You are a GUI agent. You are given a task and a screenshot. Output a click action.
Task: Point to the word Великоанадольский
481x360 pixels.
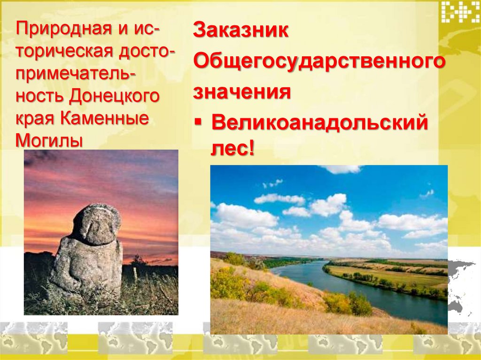point(320,124)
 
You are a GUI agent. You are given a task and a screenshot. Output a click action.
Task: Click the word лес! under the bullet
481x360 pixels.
point(233,150)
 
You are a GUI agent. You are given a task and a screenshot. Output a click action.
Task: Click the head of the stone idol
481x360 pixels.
point(97,224)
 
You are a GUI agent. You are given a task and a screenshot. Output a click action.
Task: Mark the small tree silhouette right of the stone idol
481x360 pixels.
point(137,260)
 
